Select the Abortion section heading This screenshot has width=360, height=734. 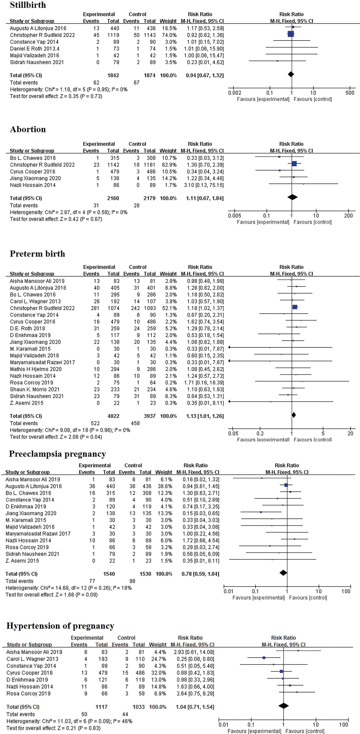coord(28,129)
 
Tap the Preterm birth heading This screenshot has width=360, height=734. coord(37,254)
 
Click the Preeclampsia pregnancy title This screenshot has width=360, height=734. coord(58,454)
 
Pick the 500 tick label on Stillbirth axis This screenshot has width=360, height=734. coord(350,93)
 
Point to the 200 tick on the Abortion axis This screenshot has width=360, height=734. coord(348,216)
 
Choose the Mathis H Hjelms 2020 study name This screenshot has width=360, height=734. coord(36,369)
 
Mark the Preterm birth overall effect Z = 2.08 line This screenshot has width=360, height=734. coord(56,437)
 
